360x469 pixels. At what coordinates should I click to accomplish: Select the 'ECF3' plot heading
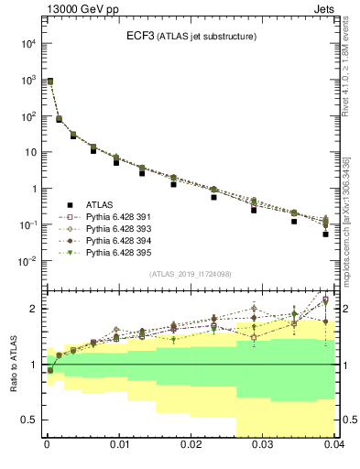click(x=142, y=37)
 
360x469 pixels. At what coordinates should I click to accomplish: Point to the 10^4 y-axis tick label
click(x=27, y=43)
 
